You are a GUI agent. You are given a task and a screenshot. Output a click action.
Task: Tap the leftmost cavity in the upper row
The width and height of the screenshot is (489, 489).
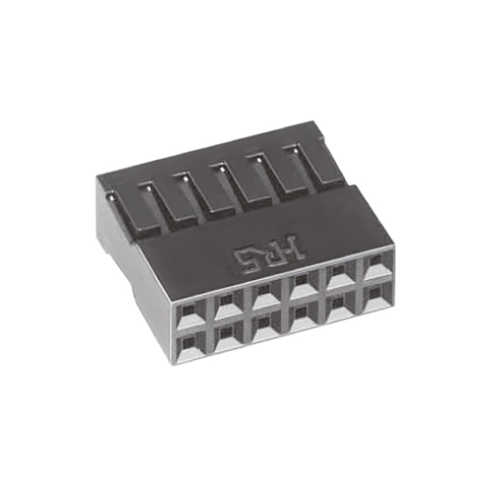tap(190, 314)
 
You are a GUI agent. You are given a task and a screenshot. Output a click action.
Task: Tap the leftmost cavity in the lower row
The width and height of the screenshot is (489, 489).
tap(191, 347)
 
